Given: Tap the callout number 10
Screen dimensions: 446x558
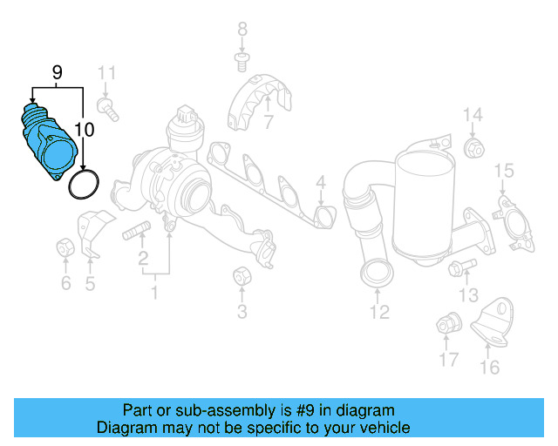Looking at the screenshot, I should [85, 132].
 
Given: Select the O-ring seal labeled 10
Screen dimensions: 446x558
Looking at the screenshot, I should [84, 184].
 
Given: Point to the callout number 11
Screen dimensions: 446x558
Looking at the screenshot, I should [106, 72].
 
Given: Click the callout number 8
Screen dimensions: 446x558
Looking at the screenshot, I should [242, 29].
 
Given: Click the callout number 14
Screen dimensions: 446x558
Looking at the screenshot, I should [472, 115].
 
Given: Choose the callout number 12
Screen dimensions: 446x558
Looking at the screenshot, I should [379, 311].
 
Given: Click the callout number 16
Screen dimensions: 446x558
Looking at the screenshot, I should [490, 367].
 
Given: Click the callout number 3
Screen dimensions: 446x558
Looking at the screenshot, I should [242, 311].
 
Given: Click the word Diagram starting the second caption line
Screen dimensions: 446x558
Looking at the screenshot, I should [124, 428].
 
